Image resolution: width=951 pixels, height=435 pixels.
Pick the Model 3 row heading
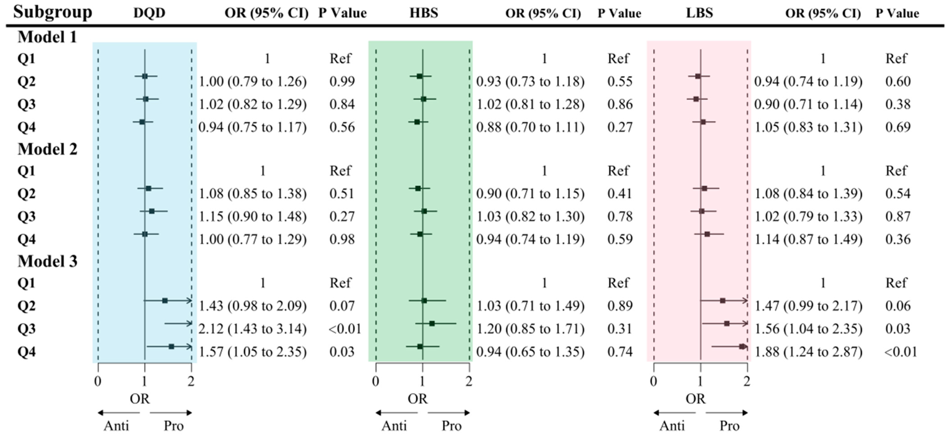47,261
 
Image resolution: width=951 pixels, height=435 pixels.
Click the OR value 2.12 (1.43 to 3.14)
252,329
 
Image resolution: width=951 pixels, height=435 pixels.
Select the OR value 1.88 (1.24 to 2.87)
808,352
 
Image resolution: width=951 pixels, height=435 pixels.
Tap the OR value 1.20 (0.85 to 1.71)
530,329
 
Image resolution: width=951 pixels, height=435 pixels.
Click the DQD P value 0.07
342,306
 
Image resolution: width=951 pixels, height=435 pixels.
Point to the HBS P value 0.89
620,306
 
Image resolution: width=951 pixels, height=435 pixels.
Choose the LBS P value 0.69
898,127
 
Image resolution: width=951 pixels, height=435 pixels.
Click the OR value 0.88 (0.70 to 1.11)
530,127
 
